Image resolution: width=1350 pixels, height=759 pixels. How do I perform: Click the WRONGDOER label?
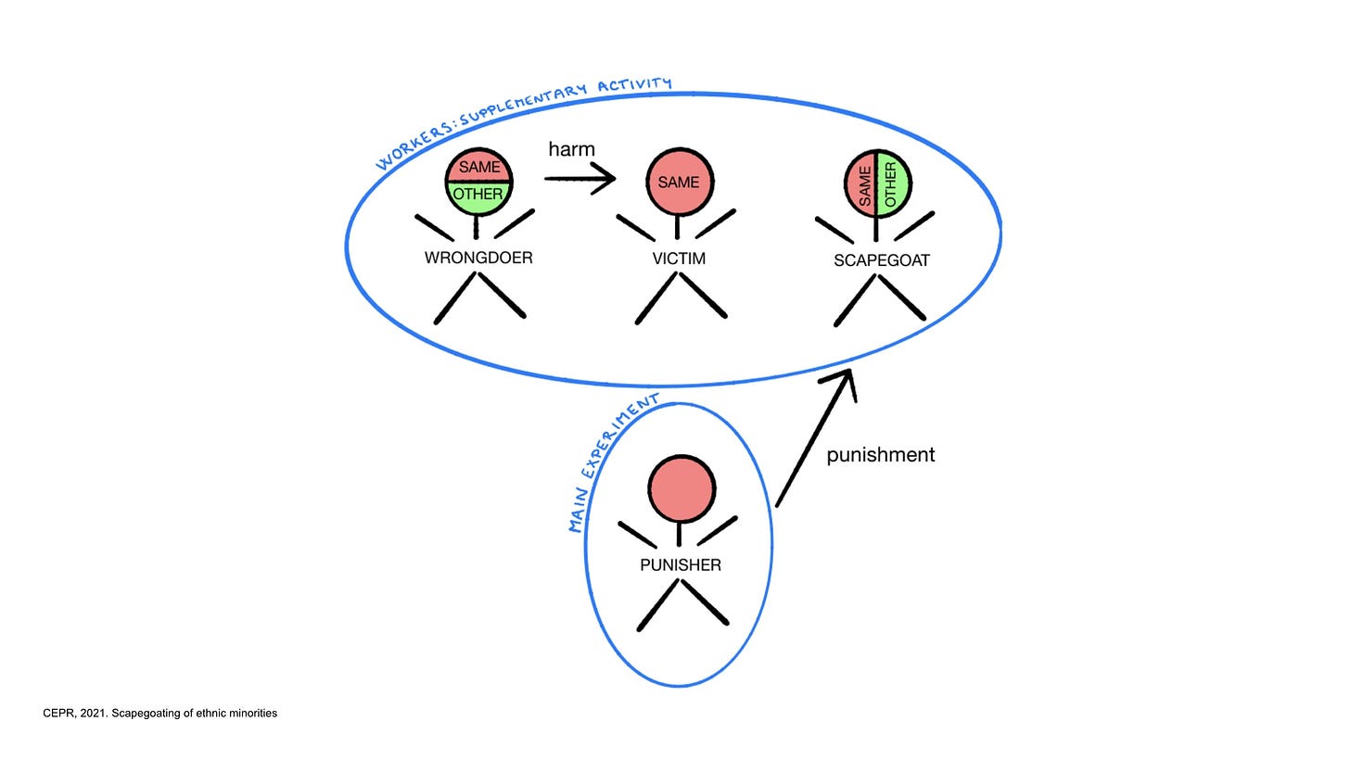tap(478, 258)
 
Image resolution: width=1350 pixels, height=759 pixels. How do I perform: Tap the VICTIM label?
tap(679, 259)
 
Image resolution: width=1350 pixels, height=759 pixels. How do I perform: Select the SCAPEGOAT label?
tap(881, 260)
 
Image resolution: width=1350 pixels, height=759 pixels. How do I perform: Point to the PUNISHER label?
tap(680, 564)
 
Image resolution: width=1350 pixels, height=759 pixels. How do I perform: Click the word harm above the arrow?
tap(571, 149)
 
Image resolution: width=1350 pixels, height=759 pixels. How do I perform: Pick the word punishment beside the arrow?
tap(880, 455)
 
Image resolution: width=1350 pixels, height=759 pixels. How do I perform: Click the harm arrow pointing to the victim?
tap(579, 178)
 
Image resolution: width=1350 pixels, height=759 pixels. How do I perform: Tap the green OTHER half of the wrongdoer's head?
tap(478, 196)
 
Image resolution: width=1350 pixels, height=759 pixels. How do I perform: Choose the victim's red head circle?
tap(679, 182)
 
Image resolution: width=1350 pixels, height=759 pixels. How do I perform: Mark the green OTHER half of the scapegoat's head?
tap(892, 183)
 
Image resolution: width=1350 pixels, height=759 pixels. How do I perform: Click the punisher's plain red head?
tap(681, 488)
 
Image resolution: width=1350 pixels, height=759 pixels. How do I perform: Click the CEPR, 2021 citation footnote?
tap(159, 713)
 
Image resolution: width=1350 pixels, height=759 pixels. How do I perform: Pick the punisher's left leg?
tap(657, 606)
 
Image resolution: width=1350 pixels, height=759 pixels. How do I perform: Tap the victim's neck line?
tap(678, 227)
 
